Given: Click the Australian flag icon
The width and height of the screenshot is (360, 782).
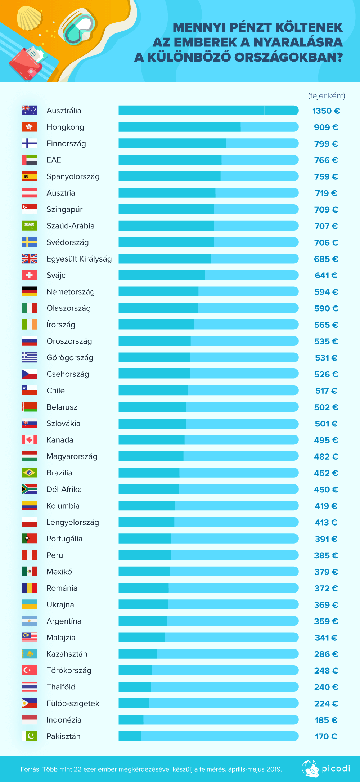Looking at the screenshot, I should pos(29,110).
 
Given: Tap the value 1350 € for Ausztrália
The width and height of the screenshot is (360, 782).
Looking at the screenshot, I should pos(326,111).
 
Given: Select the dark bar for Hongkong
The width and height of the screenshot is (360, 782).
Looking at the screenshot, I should pos(179,127).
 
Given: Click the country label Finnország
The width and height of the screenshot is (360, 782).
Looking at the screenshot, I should pos(66,144).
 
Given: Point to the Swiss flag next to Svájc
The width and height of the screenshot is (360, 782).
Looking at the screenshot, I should pos(29,275).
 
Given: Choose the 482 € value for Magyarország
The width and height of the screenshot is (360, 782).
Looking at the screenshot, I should pos(326,457).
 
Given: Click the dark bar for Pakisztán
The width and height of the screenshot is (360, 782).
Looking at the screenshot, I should pos(130,736).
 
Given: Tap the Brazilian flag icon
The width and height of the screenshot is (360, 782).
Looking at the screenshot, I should pos(29,473).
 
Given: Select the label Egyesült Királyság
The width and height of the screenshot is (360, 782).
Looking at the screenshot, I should pos(79,259).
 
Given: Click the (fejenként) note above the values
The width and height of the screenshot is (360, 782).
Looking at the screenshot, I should pos(327,95).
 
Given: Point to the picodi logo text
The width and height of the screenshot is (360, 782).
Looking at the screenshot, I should pos(336,769).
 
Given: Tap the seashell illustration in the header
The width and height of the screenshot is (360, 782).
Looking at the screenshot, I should pos(30,18).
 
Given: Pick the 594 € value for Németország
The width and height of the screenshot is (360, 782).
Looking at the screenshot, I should pos(326,292).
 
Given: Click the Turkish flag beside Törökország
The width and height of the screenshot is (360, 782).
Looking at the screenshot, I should pos(29,670).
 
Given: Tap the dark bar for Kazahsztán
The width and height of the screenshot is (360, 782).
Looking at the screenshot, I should pos(138,654).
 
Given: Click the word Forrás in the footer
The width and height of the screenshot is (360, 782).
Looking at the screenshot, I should pos(30,769).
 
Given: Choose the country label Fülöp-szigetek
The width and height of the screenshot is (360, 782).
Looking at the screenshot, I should pos(73,703).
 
